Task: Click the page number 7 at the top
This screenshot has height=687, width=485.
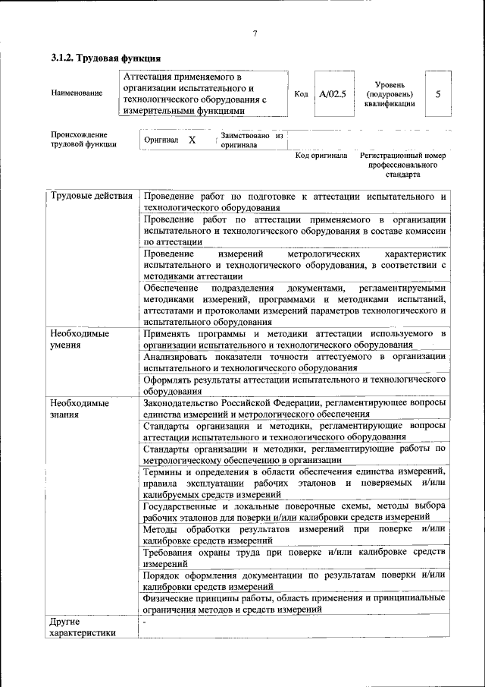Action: [255, 33]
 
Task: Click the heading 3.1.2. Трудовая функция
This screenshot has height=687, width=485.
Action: [105, 58]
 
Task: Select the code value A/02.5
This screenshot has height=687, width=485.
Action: [332, 93]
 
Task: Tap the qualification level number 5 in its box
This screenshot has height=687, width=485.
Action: [437, 93]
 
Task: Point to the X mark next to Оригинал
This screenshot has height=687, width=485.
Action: [192, 140]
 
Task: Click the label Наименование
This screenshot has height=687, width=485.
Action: [77, 93]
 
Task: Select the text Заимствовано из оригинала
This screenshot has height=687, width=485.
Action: [251, 140]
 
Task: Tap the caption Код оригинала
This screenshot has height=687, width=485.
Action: [321, 156]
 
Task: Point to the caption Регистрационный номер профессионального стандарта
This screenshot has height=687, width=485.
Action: [402, 164]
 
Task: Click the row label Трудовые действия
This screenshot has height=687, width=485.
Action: [92, 197]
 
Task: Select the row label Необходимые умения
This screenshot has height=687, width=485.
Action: [79, 339]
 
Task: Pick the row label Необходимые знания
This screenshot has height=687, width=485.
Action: [79, 408]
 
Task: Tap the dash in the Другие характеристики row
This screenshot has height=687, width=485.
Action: [144, 622]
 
